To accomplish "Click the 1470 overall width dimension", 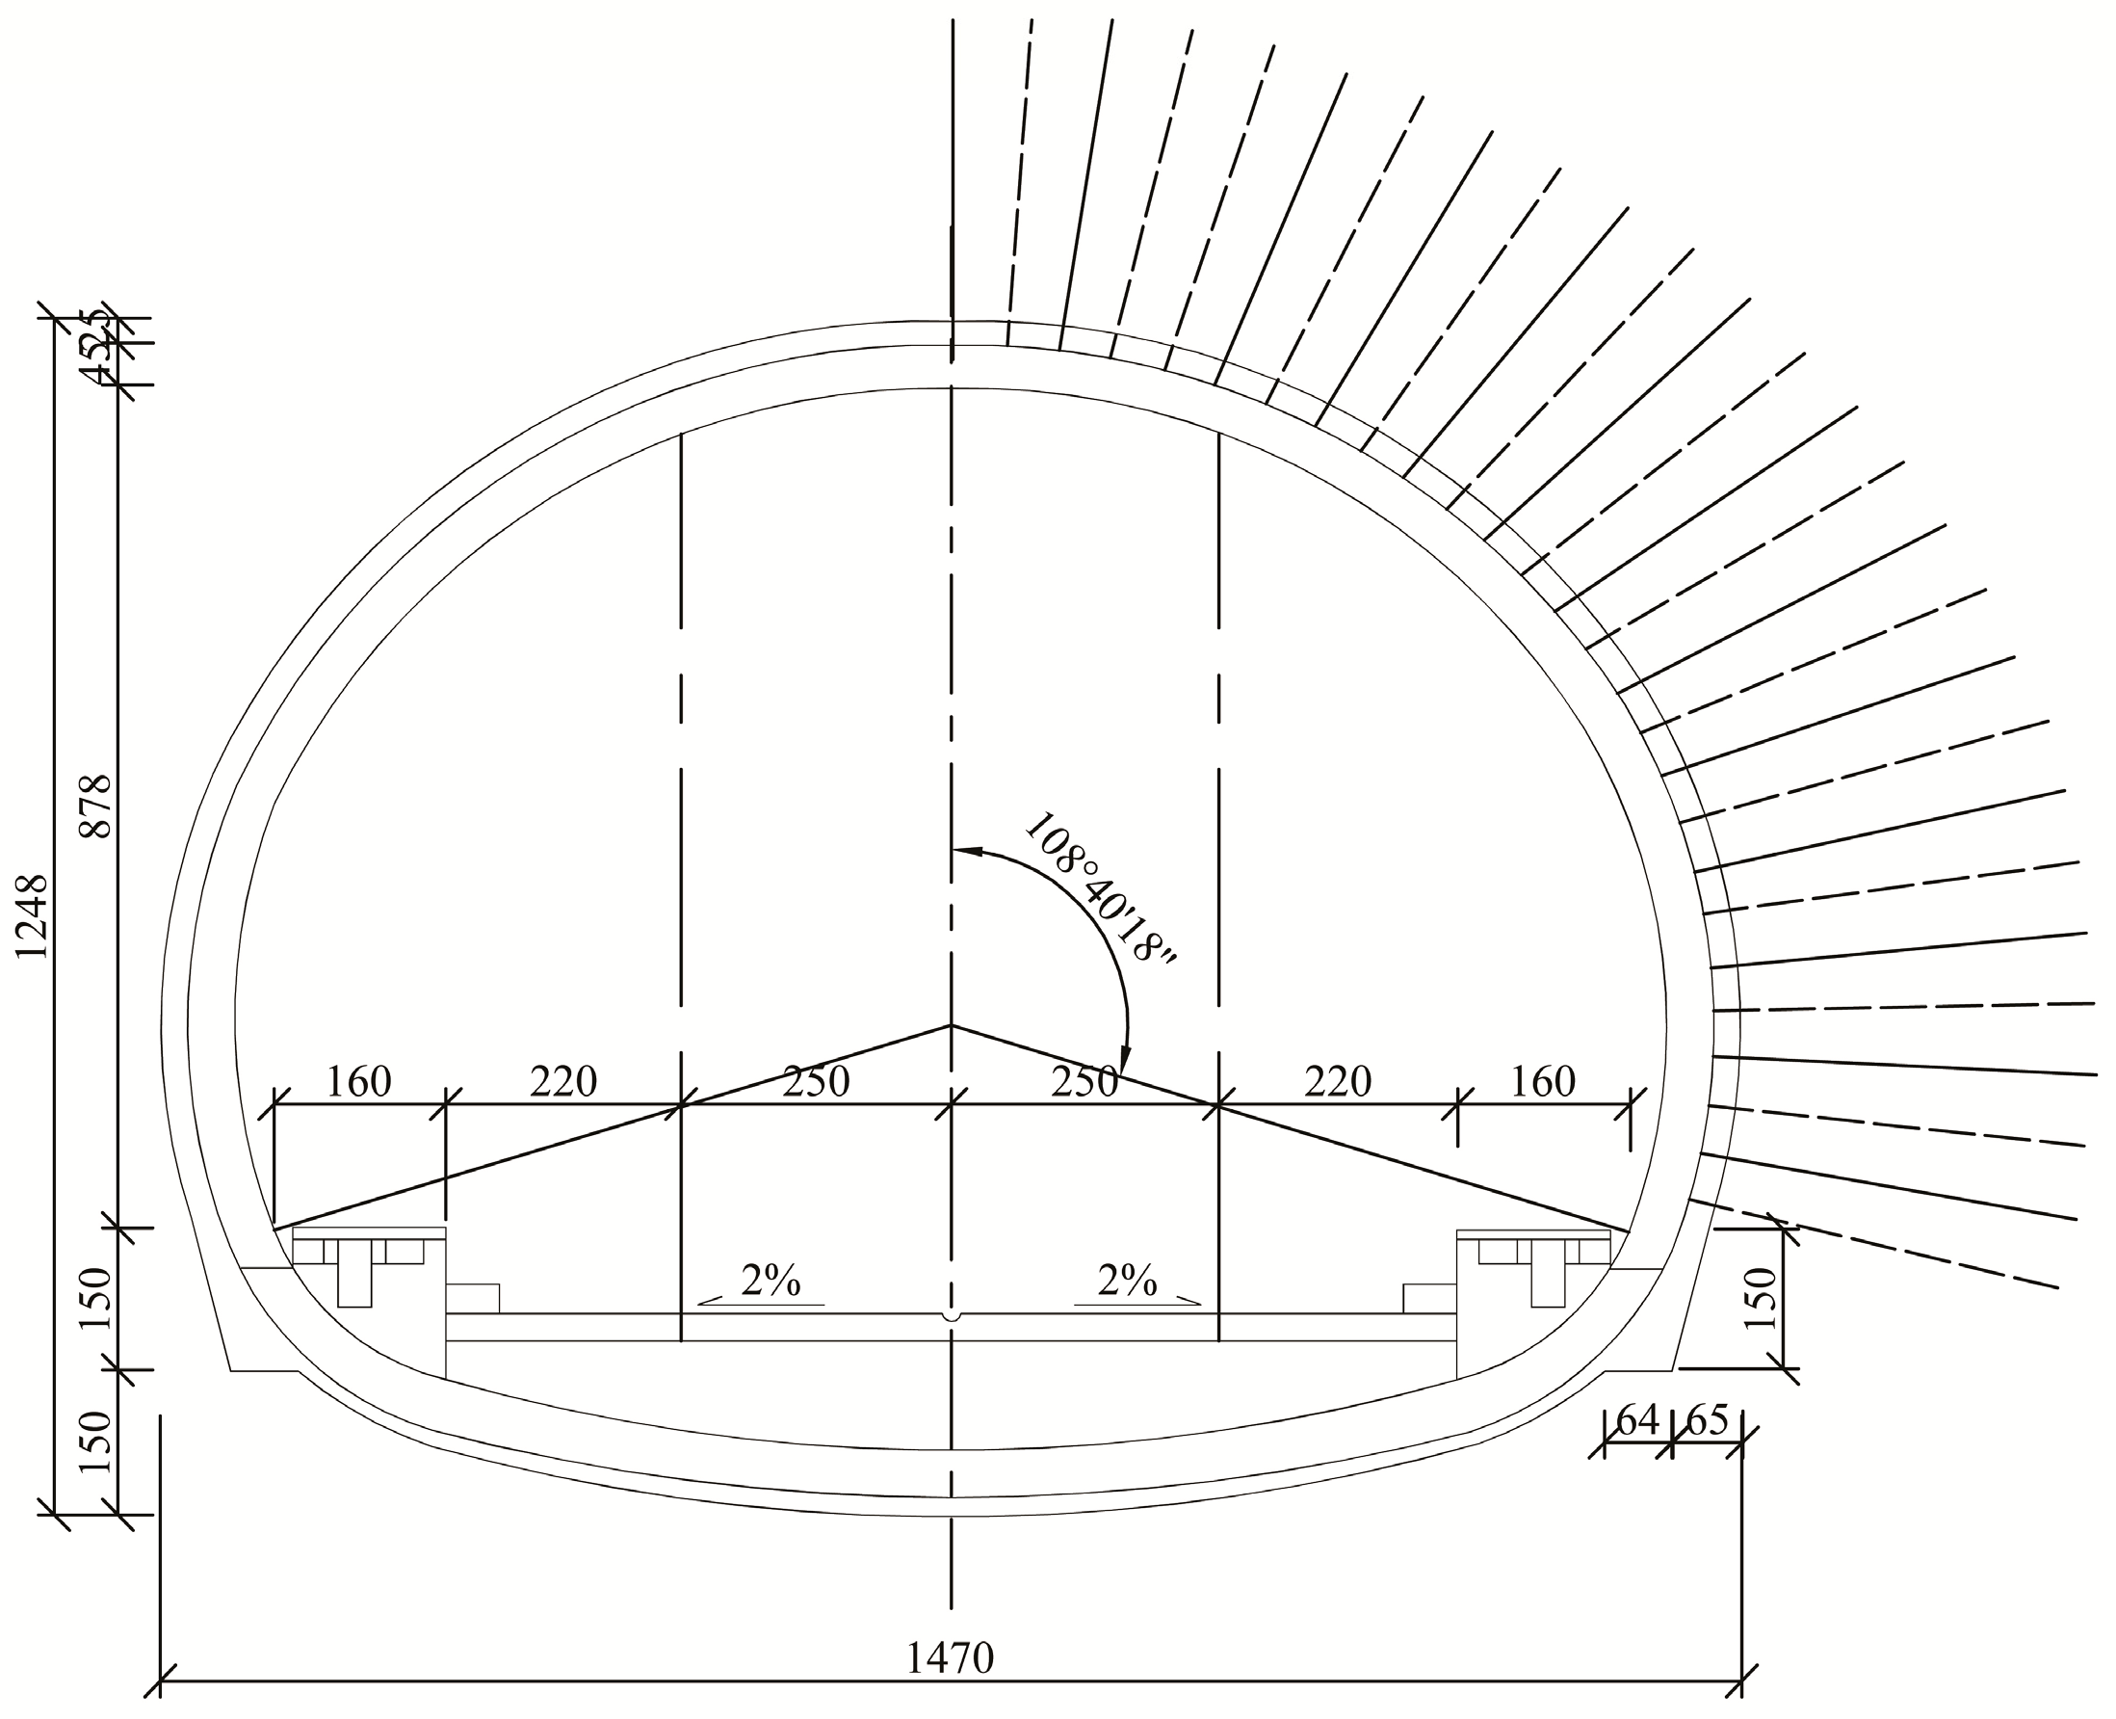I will (949, 1656).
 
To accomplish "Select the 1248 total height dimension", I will (33, 915).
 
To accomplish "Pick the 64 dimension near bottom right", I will (1636, 1420).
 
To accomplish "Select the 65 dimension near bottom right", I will (1707, 1420).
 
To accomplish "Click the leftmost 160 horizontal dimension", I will (358, 1081).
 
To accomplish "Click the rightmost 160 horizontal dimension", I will (1543, 1081).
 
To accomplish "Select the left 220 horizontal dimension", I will (563, 1081).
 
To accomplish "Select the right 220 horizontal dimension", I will (1337, 1081).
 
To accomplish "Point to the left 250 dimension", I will (816, 1081).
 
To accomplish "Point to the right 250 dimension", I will (1084, 1081).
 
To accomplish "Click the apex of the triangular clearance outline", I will (952, 1025).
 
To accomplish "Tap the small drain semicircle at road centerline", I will (952, 1317).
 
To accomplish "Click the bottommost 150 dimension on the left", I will (96, 1441).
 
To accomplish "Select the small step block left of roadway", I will (472, 1298).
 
